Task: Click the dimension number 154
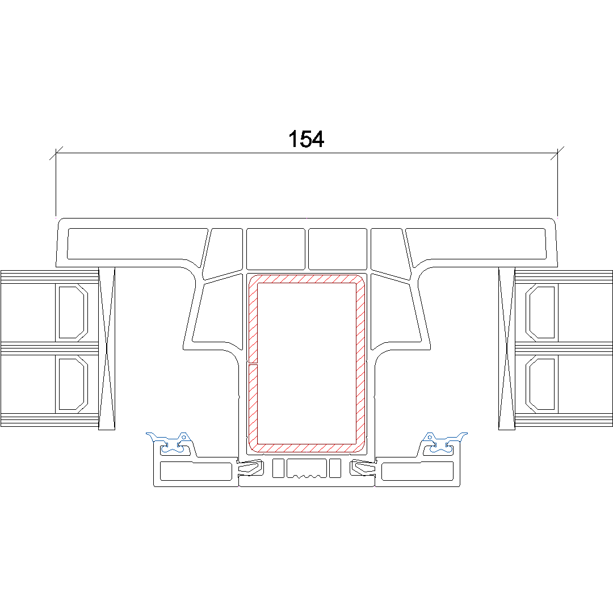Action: pos(306,139)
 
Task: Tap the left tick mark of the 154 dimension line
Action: pos(56,153)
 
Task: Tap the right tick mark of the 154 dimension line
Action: pos(557,153)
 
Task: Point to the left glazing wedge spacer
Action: pos(107,349)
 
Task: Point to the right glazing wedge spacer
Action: pos(507,349)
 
